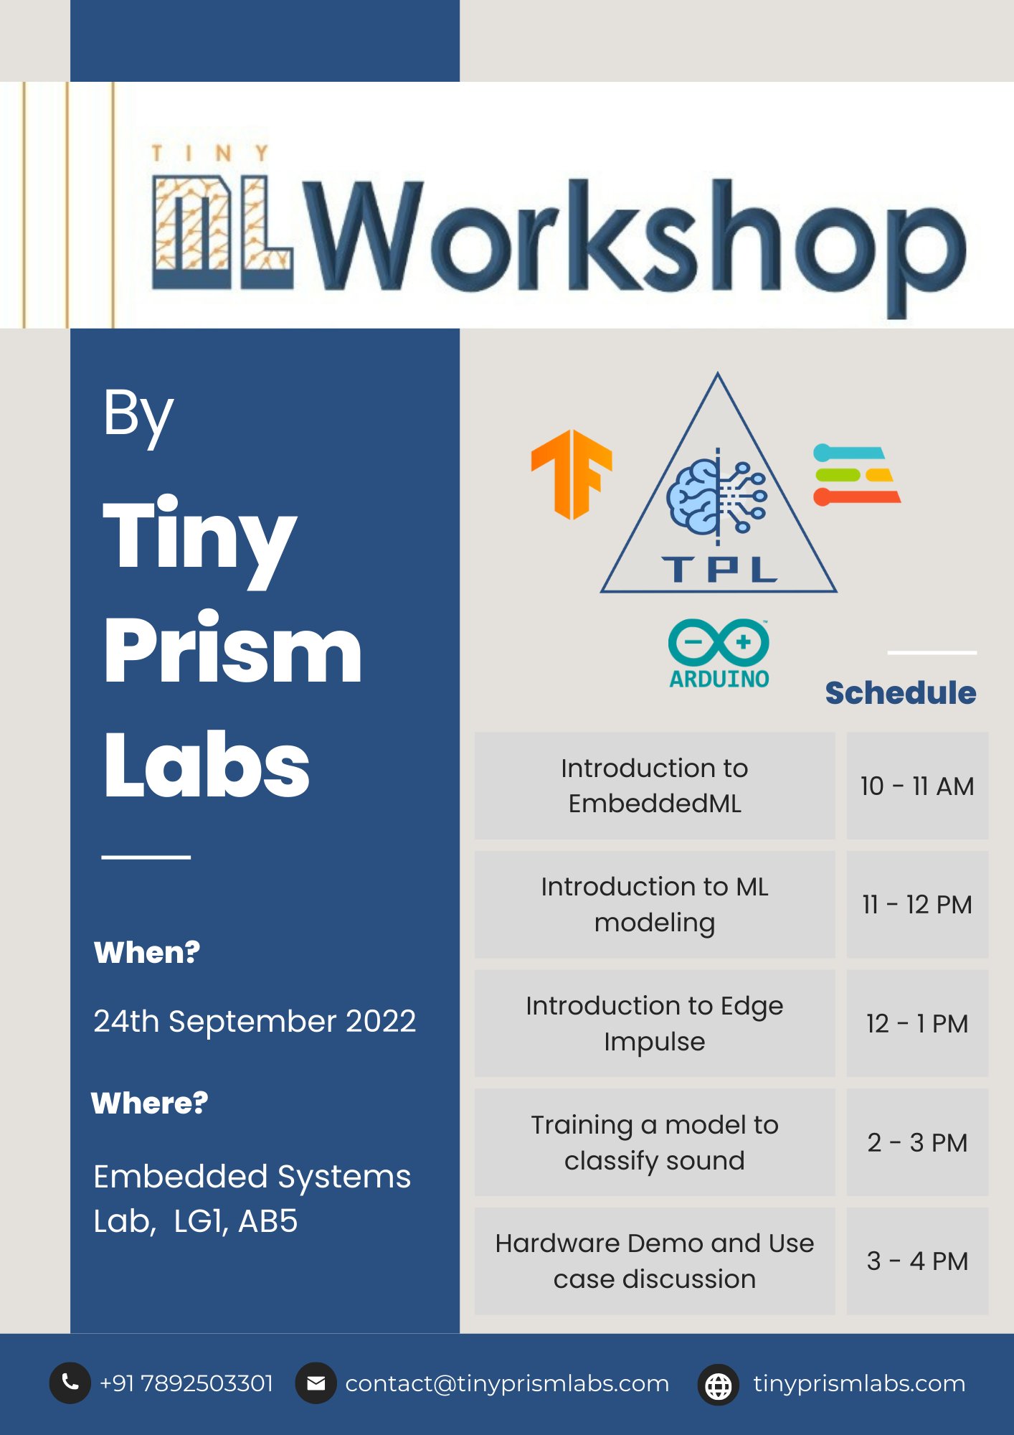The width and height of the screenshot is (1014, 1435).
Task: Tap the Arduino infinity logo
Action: tap(719, 642)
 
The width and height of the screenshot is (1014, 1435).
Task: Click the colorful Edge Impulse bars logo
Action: tap(856, 475)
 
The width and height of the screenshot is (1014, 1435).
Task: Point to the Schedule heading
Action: tap(900, 693)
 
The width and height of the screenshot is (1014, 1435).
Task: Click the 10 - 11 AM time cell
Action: tap(917, 786)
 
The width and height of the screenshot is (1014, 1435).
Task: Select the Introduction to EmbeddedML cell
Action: tap(654, 786)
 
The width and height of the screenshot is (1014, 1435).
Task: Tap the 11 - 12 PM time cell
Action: tap(917, 905)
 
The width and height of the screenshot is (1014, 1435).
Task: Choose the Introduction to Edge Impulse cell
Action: tap(654, 1023)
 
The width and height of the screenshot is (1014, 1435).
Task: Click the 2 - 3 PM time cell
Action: tap(917, 1142)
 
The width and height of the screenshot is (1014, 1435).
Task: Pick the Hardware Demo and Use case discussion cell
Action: tap(654, 1261)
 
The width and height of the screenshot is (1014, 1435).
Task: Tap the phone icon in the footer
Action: tap(70, 1383)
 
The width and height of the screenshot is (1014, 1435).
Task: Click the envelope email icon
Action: tap(316, 1383)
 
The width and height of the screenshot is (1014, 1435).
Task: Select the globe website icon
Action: tap(718, 1385)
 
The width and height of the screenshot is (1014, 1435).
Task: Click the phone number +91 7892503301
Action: tap(186, 1383)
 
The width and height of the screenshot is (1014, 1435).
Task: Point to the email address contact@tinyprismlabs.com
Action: tap(507, 1383)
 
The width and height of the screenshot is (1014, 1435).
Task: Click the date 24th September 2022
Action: tap(255, 1021)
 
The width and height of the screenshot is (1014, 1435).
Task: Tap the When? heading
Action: tap(147, 953)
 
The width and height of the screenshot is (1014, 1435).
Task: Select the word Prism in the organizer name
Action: tap(232, 649)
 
